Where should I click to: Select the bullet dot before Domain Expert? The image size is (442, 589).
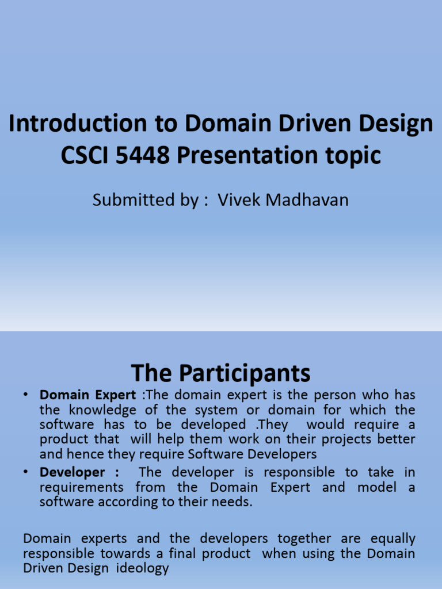point(26,395)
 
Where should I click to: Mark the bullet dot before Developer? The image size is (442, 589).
point(26,472)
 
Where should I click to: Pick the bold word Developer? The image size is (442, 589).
point(72,472)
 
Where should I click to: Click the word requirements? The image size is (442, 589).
point(81,487)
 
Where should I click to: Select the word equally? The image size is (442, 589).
point(393,539)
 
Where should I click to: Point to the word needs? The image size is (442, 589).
point(233,502)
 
